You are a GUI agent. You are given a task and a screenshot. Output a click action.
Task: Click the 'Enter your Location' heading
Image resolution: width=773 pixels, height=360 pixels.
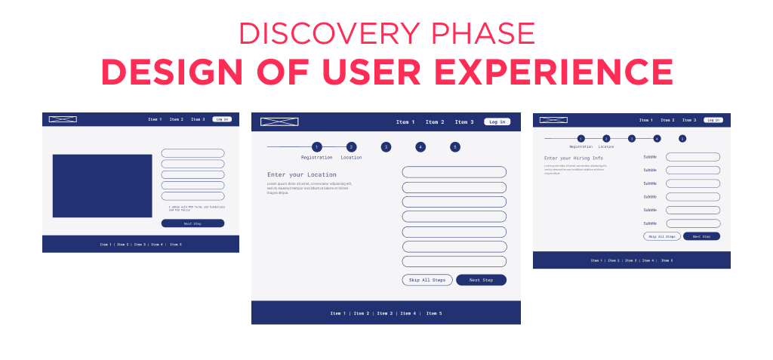click(x=301, y=174)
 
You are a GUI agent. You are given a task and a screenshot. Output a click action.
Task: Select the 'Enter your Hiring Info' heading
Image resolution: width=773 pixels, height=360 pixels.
click(x=573, y=158)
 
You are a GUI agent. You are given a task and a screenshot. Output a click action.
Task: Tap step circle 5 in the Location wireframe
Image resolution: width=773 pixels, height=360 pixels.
click(x=455, y=147)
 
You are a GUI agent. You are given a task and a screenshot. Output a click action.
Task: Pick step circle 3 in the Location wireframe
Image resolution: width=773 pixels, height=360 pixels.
click(x=386, y=147)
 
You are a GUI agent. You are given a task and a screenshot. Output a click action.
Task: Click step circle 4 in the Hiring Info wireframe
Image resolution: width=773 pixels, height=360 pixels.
click(x=657, y=139)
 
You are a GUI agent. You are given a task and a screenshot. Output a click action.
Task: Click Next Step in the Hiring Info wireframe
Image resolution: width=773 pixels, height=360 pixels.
click(x=702, y=236)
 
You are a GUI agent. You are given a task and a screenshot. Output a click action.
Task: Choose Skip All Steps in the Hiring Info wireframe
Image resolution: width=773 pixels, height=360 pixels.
click(x=662, y=236)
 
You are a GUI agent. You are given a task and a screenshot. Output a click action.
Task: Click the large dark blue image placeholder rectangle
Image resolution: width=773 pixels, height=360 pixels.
click(x=102, y=186)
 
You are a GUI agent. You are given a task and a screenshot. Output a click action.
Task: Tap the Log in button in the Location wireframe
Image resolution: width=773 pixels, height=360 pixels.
click(x=497, y=122)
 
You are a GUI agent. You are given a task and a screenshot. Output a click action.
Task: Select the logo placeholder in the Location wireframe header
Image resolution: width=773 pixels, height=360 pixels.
click(x=279, y=122)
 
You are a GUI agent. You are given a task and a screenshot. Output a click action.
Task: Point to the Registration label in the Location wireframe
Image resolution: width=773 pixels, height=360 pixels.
click(x=316, y=158)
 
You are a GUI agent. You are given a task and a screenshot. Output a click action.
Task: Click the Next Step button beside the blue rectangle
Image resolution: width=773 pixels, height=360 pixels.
click(x=192, y=223)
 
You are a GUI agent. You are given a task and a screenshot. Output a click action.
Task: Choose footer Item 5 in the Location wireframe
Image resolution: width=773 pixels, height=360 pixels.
click(x=434, y=313)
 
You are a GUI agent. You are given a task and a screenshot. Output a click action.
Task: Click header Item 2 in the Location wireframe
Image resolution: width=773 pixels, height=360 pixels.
click(x=434, y=122)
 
